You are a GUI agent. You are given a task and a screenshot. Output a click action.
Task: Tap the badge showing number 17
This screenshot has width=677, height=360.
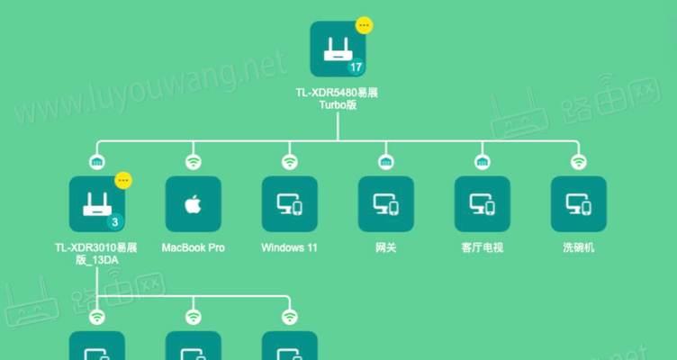[357, 67]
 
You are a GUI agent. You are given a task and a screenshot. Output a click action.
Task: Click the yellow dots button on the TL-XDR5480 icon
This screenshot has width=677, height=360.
[363, 25]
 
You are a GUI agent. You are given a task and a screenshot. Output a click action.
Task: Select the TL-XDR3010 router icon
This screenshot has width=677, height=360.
[96, 203]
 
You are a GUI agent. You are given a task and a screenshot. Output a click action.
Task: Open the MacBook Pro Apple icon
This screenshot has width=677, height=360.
[193, 203]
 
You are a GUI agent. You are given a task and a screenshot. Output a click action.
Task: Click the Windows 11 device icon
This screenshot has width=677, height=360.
[289, 203]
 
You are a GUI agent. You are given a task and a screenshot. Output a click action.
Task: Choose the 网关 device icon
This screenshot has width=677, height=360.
[385, 203]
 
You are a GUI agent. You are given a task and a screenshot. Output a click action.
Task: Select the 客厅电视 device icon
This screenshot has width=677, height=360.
[482, 203]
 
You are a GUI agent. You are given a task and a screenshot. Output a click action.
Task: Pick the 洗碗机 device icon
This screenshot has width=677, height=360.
[578, 203]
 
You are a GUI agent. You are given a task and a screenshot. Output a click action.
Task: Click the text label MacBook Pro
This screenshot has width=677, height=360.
[193, 247]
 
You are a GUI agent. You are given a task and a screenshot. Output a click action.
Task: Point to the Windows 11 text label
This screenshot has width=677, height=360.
[289, 247]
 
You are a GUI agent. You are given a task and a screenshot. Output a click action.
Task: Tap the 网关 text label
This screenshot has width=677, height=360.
[385, 247]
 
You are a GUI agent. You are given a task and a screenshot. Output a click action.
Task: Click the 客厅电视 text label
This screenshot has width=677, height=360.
[482, 247]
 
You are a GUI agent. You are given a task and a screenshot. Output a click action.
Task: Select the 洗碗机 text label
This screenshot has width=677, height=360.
[578, 247]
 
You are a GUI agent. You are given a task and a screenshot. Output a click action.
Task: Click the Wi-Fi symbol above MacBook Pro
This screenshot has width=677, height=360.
[193, 162]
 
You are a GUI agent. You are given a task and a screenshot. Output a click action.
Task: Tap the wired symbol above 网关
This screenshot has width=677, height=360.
[385, 162]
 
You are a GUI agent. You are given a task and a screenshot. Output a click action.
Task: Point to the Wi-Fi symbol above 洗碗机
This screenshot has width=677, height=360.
[578, 162]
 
